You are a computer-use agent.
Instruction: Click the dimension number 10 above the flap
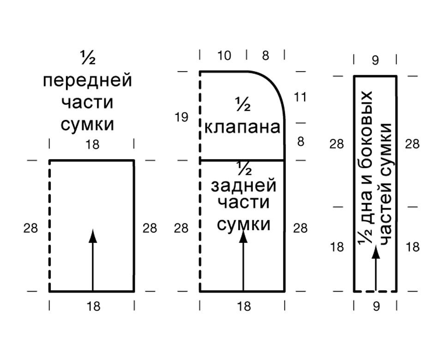click(224, 56)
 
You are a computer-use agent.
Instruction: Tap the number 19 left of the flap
click(181, 117)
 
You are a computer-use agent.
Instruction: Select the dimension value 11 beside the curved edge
click(300, 97)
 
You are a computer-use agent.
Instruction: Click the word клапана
click(242, 127)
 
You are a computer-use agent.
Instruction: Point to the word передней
click(88, 80)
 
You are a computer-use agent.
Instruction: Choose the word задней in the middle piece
click(243, 186)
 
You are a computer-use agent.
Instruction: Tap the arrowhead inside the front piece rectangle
click(93, 236)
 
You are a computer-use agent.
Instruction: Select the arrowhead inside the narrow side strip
click(376, 252)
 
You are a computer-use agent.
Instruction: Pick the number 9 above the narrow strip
click(375, 60)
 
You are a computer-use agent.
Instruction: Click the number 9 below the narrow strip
click(376, 306)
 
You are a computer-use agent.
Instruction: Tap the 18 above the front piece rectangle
click(92, 145)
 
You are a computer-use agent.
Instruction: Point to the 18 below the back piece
click(244, 306)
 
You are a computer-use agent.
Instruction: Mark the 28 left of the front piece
click(30, 228)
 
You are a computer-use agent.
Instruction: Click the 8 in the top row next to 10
click(265, 56)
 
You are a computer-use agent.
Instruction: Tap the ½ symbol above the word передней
click(88, 58)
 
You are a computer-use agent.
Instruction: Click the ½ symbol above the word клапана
click(243, 104)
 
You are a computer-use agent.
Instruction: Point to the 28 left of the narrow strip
click(336, 144)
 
